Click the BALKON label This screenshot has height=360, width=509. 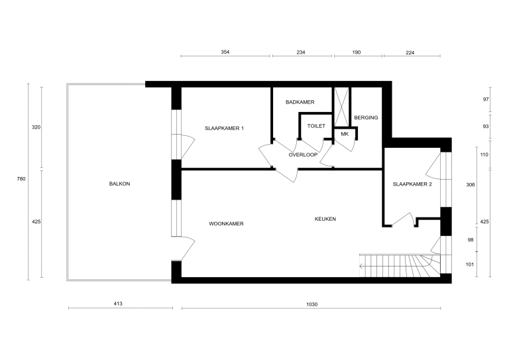[119, 184]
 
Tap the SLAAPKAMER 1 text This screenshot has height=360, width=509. [224, 128]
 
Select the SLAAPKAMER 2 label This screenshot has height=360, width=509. [412, 184]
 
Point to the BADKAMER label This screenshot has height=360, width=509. [300, 102]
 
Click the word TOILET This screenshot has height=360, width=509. [316, 125]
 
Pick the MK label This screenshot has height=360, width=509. [344, 134]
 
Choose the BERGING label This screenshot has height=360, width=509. [366, 118]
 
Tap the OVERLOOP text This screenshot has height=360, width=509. [303, 154]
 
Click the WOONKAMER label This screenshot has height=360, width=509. [226, 224]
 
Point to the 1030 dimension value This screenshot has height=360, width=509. [312, 304]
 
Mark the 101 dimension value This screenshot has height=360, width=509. [471, 264]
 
